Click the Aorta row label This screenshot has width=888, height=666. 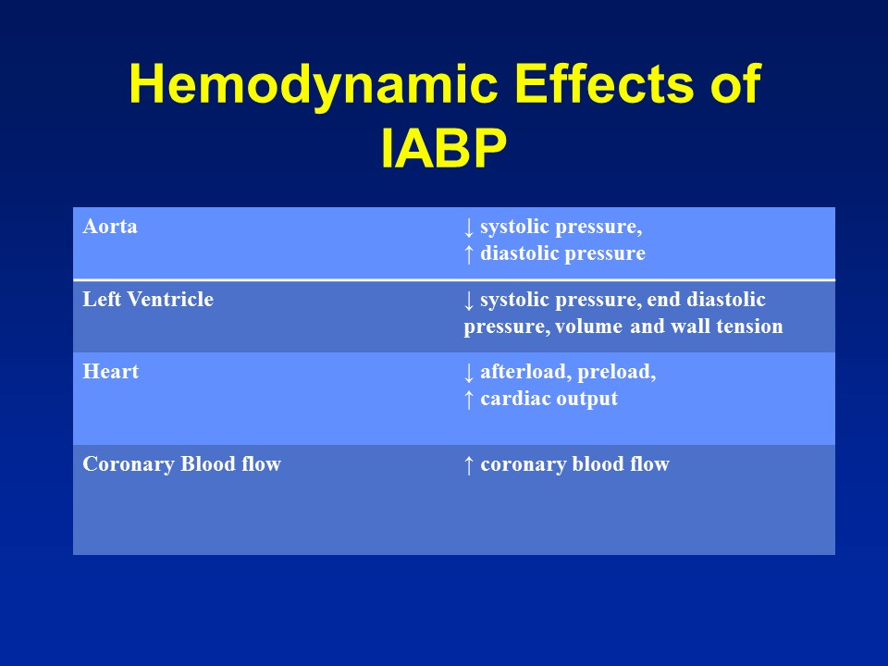[110, 227]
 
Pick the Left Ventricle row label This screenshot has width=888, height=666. [148, 300]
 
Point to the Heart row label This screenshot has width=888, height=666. [111, 372]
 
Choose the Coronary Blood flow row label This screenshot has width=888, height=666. [182, 464]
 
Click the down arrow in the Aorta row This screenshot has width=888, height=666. [469, 227]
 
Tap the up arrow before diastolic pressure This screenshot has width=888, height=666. [469, 253]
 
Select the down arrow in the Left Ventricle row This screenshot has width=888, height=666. [469, 300]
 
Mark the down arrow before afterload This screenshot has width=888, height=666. [469, 372]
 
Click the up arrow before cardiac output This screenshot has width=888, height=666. [469, 399]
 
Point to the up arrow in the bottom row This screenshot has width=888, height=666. [469, 464]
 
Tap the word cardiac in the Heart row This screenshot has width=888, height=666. [512, 399]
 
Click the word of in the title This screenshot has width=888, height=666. [736, 86]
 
